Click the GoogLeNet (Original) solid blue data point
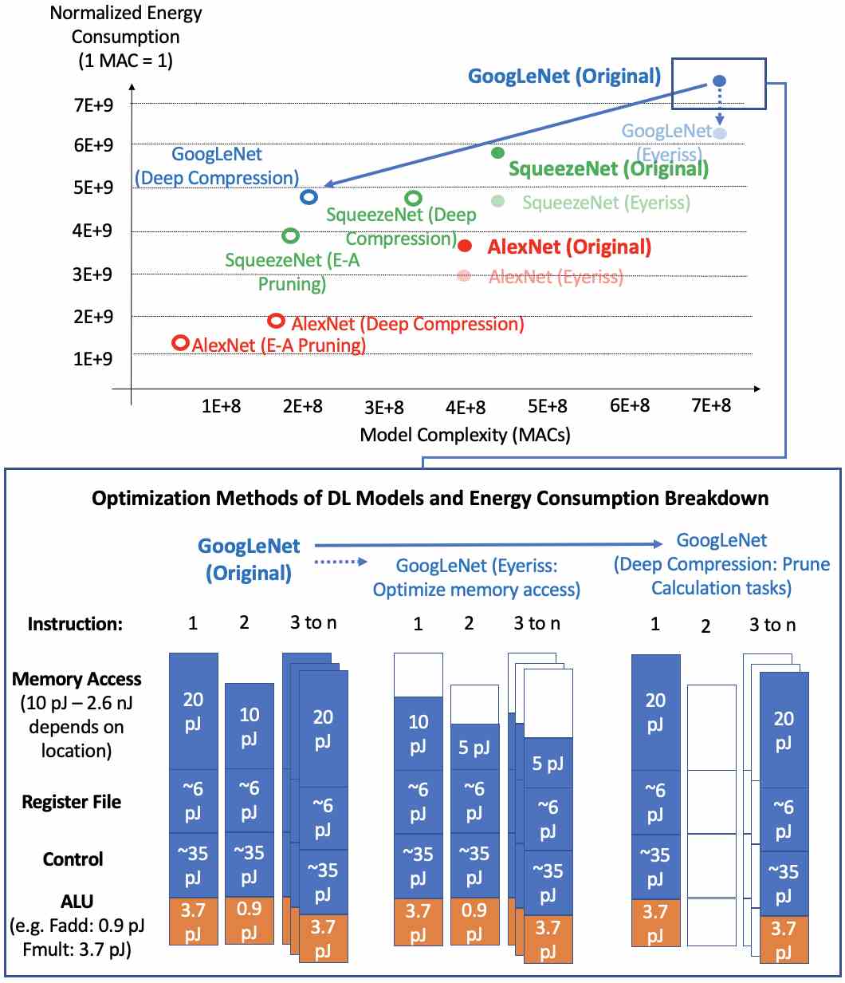point(718,81)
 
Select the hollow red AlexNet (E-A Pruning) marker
point(181,342)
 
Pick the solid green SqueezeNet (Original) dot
point(497,152)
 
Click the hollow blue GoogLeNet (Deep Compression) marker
point(309,196)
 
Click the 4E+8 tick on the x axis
point(466,406)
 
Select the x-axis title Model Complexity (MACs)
point(466,435)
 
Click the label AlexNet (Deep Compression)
point(407,325)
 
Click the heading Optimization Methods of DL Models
point(430,499)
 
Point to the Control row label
point(73,859)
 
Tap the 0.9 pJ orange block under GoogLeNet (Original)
point(249,916)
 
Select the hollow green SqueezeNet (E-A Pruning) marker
point(291,235)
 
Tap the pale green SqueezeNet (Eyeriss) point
point(497,201)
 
